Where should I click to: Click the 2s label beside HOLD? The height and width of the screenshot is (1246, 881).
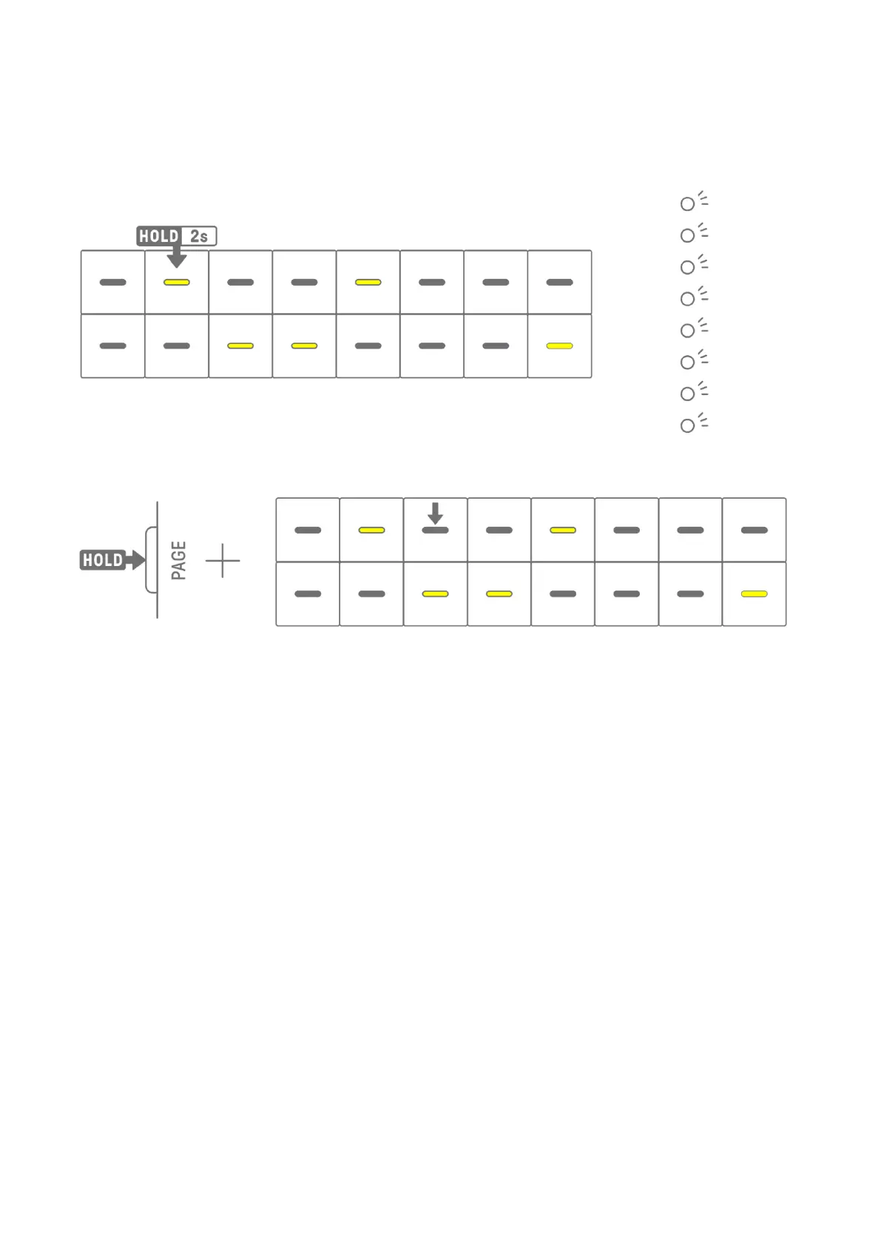[199, 236]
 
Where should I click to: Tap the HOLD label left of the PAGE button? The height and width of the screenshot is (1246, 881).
[103, 560]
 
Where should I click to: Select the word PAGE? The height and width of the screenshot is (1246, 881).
[178, 560]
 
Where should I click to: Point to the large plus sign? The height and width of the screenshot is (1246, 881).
[223, 561]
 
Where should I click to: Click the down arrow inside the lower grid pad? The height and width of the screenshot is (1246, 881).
[435, 513]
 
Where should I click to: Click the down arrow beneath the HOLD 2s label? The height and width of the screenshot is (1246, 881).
[176, 257]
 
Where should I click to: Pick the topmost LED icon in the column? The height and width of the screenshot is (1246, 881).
[689, 203]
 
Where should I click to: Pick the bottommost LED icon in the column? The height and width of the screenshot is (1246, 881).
[689, 425]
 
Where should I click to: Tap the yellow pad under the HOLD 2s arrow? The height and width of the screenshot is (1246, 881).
[177, 283]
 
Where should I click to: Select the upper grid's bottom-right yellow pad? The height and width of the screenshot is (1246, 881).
[559, 346]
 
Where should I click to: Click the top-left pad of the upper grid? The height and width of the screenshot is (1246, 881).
[112, 283]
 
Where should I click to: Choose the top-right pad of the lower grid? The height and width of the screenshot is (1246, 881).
[754, 531]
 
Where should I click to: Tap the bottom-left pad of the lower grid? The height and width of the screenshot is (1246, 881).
[308, 594]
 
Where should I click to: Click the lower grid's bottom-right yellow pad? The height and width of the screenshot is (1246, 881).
[754, 594]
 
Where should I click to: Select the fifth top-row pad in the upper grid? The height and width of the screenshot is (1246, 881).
[368, 283]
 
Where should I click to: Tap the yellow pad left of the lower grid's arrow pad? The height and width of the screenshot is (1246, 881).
[371, 531]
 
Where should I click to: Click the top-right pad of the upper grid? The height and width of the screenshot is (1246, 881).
[559, 283]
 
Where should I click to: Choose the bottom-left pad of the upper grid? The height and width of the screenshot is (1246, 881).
[112, 346]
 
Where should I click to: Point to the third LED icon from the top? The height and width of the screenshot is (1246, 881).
[689, 266]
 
